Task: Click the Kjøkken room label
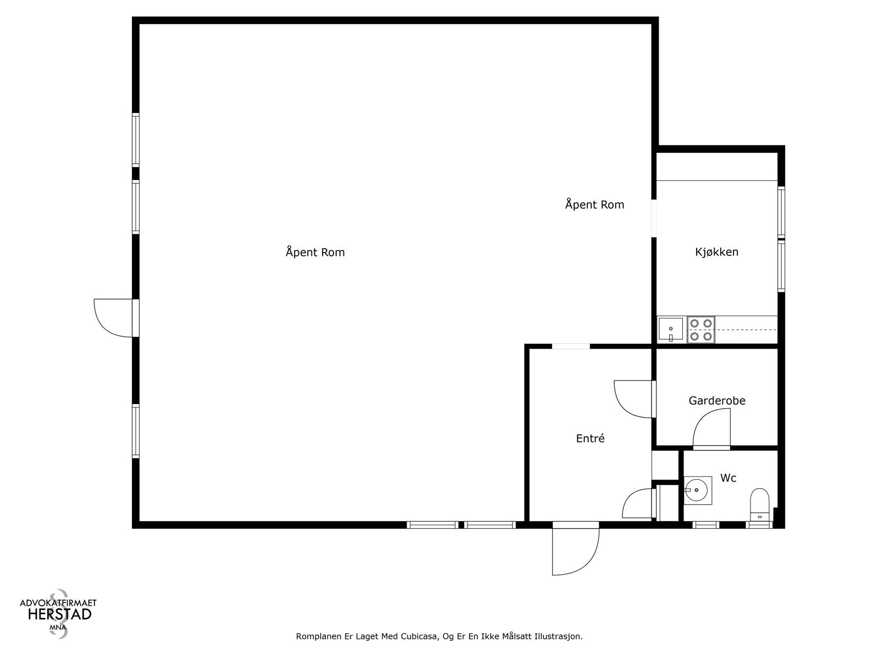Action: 716,252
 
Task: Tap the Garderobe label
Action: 717,401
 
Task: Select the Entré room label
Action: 590,439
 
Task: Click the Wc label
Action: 728,478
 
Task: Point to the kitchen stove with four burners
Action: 701,330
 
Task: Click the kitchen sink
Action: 671,330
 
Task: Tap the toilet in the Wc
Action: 760,504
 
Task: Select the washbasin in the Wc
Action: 698,490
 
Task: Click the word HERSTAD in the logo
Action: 59,615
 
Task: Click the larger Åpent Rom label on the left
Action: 315,253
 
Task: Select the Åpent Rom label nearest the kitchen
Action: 594,205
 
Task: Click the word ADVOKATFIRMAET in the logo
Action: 58,602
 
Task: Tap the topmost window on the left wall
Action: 136,139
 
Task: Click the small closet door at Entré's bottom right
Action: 637,504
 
